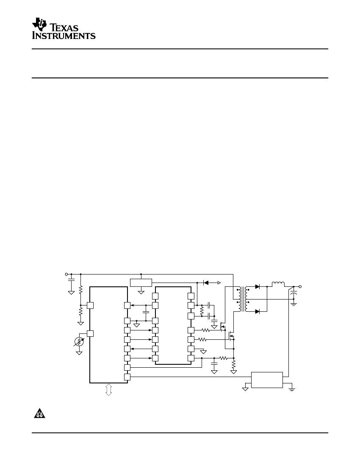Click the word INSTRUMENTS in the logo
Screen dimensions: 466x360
coord(64,36)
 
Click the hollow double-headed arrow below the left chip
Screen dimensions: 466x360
coord(108,389)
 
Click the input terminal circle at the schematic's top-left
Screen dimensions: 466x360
coord(66,274)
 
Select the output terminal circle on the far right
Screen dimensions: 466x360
coord(300,286)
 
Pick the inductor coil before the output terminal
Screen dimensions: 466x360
coord(278,284)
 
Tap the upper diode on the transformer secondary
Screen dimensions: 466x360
coord(257,287)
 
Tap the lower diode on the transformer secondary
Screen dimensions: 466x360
coord(257,311)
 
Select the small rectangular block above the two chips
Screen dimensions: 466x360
coord(141,283)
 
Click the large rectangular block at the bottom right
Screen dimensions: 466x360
coord(267,380)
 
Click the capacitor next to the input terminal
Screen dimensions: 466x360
coord(71,280)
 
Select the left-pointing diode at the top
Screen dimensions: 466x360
coord(207,282)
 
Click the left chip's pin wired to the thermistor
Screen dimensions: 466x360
coord(90,333)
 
